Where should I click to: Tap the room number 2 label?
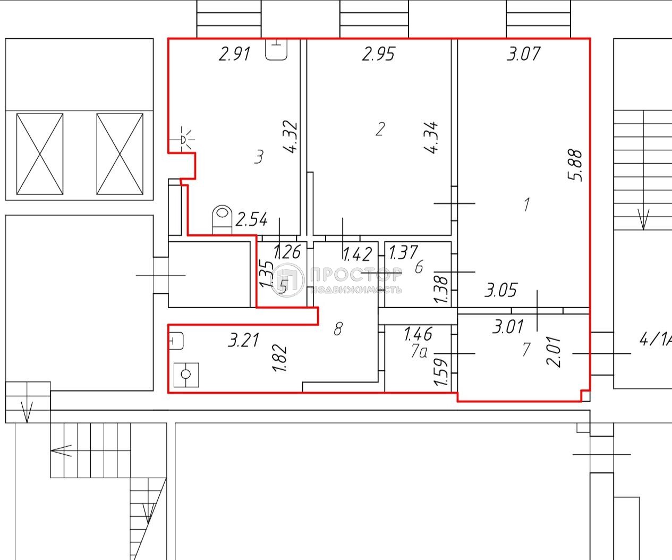379,129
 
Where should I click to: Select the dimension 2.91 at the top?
234,54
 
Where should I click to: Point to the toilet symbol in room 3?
223,218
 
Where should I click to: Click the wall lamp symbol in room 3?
184,138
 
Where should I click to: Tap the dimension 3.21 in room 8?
243,340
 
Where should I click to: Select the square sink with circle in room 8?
186,374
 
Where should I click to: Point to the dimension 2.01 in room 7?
554,353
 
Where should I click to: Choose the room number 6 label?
419,267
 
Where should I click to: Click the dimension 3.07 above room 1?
523,54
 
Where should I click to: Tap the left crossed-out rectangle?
40,154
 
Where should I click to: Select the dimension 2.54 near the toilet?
251,219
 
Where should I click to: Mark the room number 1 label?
526,204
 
